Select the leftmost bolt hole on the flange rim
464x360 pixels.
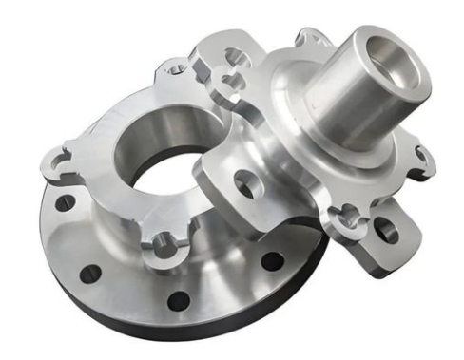coord(64,203)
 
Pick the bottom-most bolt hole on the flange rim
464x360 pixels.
coord(178,301)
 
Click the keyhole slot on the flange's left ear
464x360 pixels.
coord(59,163)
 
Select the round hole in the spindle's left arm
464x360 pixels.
coord(244,183)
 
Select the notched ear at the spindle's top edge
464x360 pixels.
coord(309,40)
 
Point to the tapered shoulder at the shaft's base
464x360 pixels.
coord(314,142)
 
